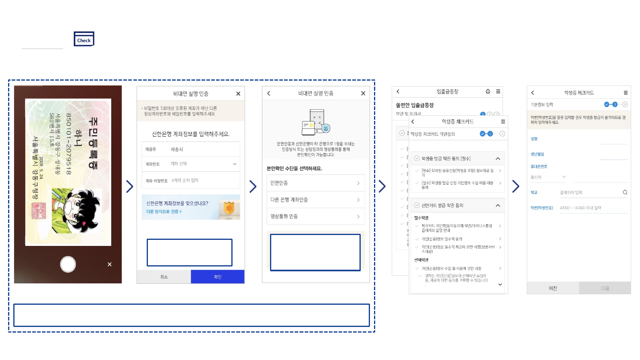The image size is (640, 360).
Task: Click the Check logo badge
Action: (x=84, y=39)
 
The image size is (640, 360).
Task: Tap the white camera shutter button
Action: (x=68, y=264)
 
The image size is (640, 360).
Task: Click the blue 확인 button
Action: (x=218, y=277)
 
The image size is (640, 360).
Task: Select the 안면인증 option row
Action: (x=316, y=183)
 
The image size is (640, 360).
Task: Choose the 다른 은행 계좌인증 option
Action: (x=316, y=200)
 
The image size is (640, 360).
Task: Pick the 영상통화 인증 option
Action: (x=316, y=216)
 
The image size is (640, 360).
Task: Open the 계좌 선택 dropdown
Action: (x=204, y=164)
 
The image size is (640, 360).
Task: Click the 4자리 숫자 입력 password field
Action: (x=204, y=181)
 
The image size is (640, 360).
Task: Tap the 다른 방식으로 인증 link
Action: (x=164, y=212)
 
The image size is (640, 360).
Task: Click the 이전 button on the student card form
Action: (x=553, y=288)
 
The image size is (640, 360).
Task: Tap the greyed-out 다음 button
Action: (x=605, y=288)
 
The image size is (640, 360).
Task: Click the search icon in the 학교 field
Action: (x=625, y=192)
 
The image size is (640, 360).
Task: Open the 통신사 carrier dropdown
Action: (x=549, y=177)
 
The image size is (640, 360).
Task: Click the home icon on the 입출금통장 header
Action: (x=488, y=92)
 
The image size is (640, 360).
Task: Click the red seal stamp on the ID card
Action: (x=39, y=211)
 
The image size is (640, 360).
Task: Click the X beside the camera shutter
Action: (x=110, y=264)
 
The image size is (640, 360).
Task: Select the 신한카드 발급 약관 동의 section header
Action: (x=457, y=206)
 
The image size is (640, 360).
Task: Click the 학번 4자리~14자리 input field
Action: (x=592, y=208)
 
